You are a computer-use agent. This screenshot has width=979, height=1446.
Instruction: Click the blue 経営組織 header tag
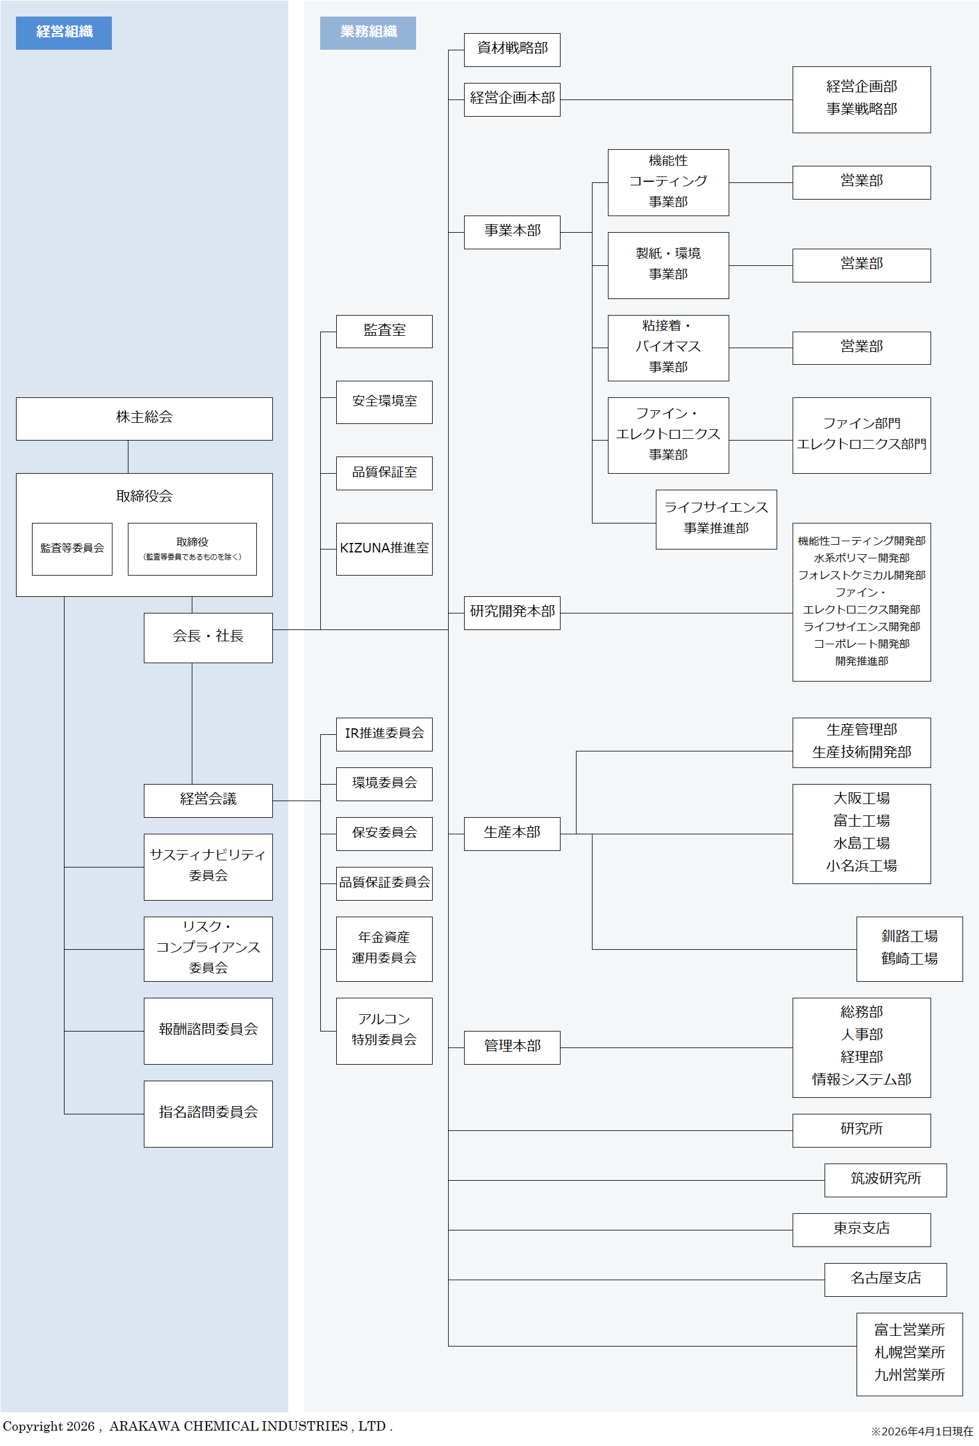pyautogui.click(x=63, y=33)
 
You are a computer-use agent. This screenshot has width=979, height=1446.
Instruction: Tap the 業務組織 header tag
pyautogui.click(x=368, y=33)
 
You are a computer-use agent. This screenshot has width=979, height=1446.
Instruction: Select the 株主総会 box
pyautogui.click(x=144, y=418)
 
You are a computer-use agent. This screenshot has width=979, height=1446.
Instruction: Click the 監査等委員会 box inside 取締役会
pyautogui.click(x=72, y=548)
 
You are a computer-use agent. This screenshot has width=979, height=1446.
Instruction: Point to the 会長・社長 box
pyautogui.click(x=208, y=637)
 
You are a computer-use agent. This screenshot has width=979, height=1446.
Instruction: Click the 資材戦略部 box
pyautogui.click(x=512, y=49)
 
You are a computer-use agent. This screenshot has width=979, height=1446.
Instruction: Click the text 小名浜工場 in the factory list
pyautogui.click(x=861, y=866)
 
